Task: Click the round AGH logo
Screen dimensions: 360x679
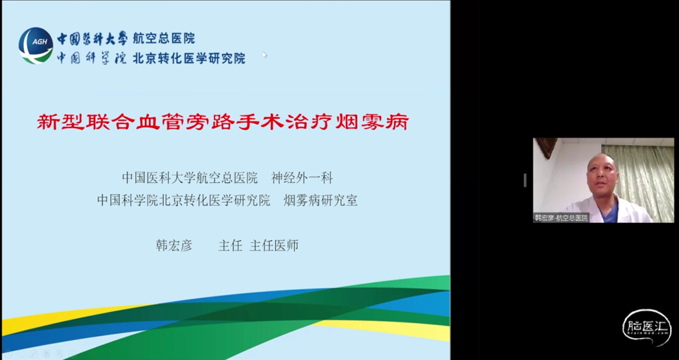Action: click(36, 45)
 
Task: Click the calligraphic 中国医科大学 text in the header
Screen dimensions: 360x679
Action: click(92, 38)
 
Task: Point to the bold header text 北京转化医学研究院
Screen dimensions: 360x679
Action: click(189, 58)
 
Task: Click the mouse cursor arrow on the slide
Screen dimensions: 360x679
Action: click(264, 54)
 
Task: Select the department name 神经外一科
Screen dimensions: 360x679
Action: click(302, 178)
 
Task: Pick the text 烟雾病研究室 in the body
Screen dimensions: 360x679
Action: click(320, 200)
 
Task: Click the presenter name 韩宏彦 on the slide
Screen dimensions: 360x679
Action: click(174, 246)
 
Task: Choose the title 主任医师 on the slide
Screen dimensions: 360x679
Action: click(274, 246)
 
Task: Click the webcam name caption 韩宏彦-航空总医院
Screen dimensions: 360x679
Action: click(561, 218)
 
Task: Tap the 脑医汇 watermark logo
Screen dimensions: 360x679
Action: click(647, 328)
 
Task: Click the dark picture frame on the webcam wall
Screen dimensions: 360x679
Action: click(545, 147)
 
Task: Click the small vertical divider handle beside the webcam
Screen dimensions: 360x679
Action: click(525, 180)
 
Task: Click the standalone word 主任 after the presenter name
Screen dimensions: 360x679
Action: click(230, 246)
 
